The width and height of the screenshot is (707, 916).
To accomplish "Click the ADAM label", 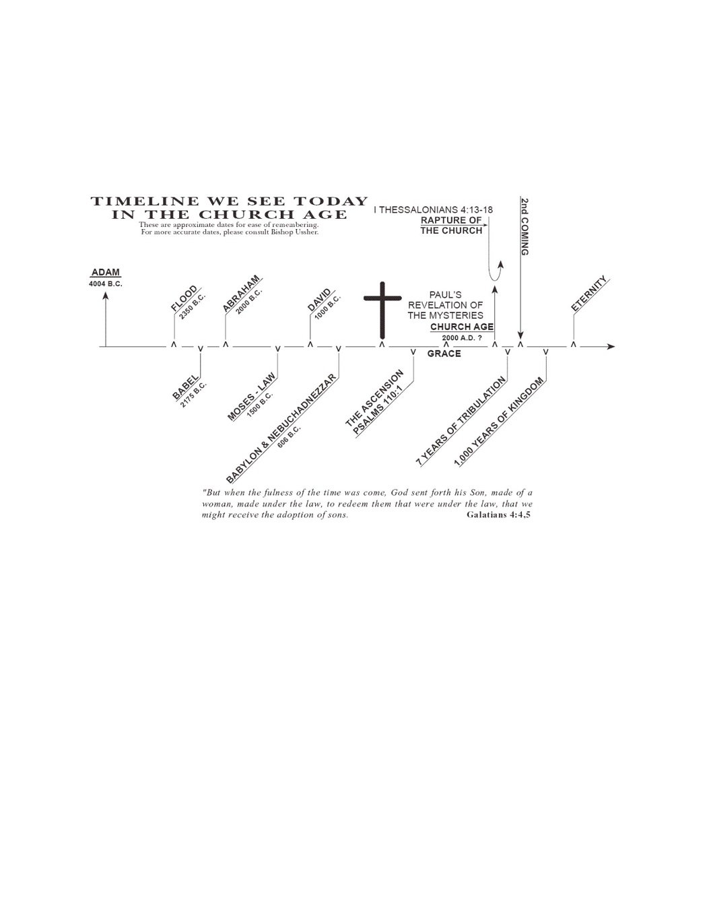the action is (x=106, y=272).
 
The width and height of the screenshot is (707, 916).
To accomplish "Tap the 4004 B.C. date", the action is (x=106, y=284).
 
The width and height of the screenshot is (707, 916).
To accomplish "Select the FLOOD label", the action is (x=184, y=298).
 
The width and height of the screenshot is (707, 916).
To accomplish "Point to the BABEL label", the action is (x=185, y=387).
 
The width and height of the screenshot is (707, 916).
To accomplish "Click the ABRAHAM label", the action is (x=240, y=294).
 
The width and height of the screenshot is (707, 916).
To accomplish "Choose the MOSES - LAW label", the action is (x=251, y=396).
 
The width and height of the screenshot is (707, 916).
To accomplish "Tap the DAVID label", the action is (x=319, y=300).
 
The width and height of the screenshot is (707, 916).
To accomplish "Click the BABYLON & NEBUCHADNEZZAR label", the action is (x=281, y=428).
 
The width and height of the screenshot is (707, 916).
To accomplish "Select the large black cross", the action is (x=382, y=310).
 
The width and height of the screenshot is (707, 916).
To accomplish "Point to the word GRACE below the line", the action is (x=444, y=354).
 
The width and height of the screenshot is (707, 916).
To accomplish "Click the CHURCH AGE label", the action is (x=462, y=327).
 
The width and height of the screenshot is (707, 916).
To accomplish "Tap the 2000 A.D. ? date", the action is (x=462, y=338).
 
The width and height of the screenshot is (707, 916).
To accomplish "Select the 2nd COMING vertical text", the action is (x=525, y=226).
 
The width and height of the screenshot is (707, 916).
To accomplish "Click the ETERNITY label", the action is (x=589, y=294).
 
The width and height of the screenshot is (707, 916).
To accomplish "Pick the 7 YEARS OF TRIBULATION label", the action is (x=461, y=422).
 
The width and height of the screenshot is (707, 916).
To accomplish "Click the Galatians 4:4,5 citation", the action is (x=498, y=515).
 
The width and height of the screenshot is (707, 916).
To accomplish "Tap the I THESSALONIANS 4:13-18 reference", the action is (x=434, y=209).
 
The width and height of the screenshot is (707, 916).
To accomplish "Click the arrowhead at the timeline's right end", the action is (x=611, y=346).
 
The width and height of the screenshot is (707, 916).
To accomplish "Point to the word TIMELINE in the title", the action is (x=145, y=201).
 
